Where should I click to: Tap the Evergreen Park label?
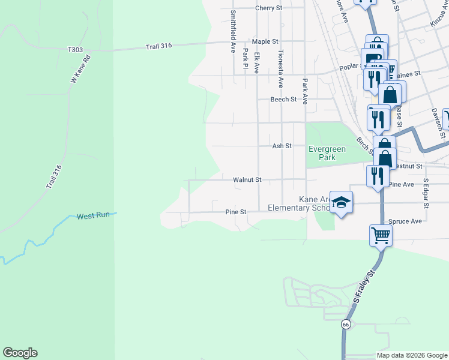[330, 153]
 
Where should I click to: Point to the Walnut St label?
[247, 179]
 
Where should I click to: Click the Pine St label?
[236, 212]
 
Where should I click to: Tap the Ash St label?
[282, 146]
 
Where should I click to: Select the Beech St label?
[283, 99]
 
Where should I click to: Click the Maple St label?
[265, 41]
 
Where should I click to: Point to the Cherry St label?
[268, 8]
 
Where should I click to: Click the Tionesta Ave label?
[280, 69]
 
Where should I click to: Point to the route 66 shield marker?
[346, 324]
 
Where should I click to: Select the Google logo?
[20, 353]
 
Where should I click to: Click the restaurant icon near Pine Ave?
[377, 176]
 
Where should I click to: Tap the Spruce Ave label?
[405, 221]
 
